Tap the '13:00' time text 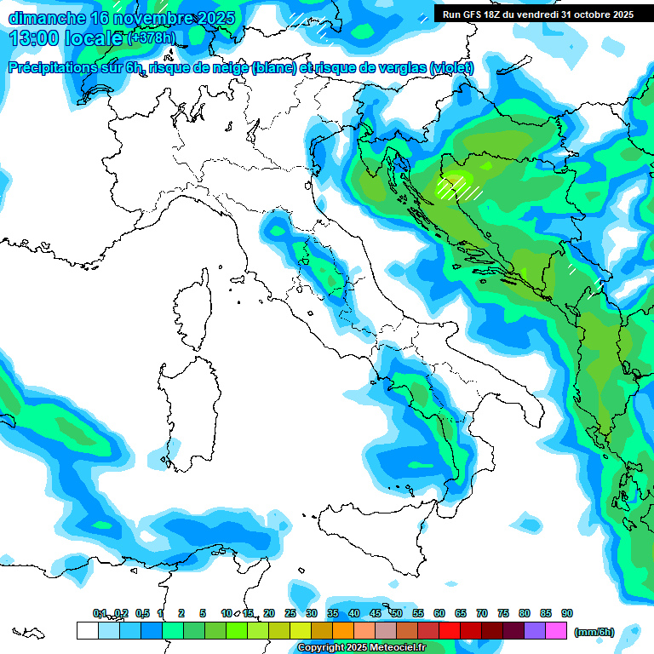pos(32,38)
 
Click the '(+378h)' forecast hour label pos(151,38)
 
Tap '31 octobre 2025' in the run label pos(597,14)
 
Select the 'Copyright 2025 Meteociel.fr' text pos(362,648)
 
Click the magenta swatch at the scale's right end pos(556,630)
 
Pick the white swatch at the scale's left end pos(87,630)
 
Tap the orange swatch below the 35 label pos(342,630)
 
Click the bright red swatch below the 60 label pos(450,630)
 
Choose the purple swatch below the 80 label pos(535,630)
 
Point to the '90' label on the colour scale pos(567,613)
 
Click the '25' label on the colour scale pos(290,613)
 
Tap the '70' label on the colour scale pos(482,613)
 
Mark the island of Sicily pos(379,536)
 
